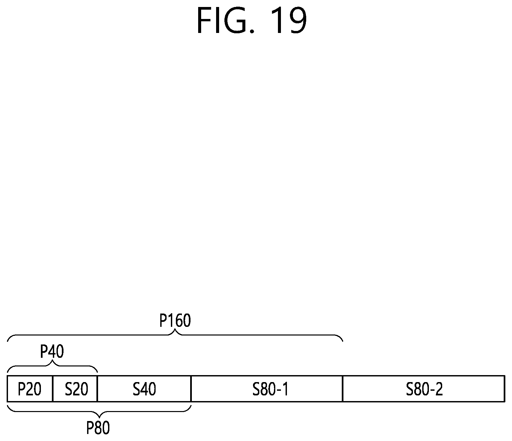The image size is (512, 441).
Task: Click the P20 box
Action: click(x=30, y=389)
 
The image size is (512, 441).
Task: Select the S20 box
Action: click(x=75, y=389)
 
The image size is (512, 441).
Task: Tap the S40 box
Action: click(x=144, y=389)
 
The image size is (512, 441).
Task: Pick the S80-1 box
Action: click(x=267, y=389)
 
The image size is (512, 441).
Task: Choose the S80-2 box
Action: click(x=424, y=389)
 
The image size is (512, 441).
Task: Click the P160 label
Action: click(x=175, y=321)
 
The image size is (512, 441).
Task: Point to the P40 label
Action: click(x=52, y=351)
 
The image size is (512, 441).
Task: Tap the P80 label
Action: click(x=98, y=428)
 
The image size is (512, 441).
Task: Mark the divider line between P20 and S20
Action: click(x=53, y=389)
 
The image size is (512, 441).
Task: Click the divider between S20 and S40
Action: click(x=97, y=389)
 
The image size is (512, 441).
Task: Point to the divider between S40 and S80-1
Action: click(x=191, y=389)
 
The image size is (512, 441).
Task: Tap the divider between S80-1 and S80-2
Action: click(x=343, y=389)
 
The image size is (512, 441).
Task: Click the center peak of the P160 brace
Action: click(x=175, y=331)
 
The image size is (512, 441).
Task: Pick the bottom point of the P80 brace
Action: click(x=99, y=416)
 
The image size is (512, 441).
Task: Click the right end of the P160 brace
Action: click(x=342, y=341)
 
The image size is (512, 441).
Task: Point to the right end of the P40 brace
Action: click(x=97, y=372)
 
